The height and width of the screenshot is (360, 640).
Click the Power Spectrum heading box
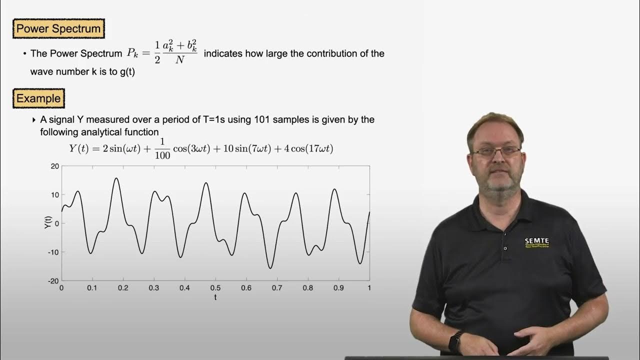tap(58, 29)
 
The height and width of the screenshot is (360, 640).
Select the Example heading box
tap(38, 98)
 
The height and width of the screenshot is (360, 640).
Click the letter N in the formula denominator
tap(178, 63)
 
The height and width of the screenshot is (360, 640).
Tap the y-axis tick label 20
tap(54, 166)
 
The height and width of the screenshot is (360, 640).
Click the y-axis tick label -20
tap(53, 281)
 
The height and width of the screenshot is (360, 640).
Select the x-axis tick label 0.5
tap(215, 288)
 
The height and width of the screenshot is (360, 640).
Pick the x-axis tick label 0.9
tap(338, 288)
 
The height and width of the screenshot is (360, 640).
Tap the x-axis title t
tap(215, 297)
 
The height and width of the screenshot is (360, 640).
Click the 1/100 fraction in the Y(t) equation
tap(162, 148)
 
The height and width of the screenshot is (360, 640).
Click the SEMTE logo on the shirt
tap(536, 242)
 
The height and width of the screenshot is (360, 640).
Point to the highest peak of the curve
tap(116, 178)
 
